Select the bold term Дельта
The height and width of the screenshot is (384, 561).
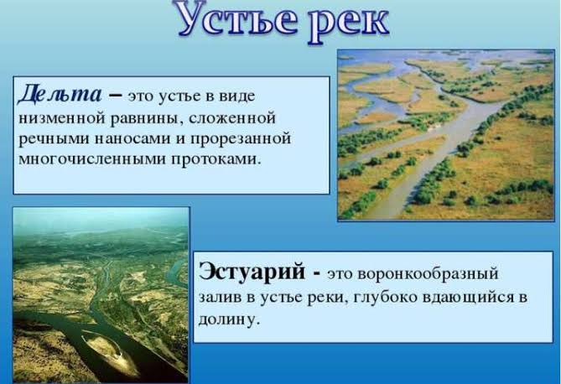pyautogui.click(x=60, y=95)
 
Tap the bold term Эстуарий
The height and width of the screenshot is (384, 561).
pyautogui.click(x=252, y=272)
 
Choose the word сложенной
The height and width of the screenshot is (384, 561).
pyautogui.click(x=232, y=118)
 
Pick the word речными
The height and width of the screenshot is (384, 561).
pyautogui.click(x=54, y=139)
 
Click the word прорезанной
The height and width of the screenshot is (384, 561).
pyautogui.click(x=241, y=139)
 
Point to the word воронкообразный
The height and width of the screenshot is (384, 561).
pyautogui.click(x=429, y=275)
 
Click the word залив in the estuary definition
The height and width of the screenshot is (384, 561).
pyautogui.click(x=219, y=298)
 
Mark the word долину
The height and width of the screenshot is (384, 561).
pyautogui.click(x=228, y=319)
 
